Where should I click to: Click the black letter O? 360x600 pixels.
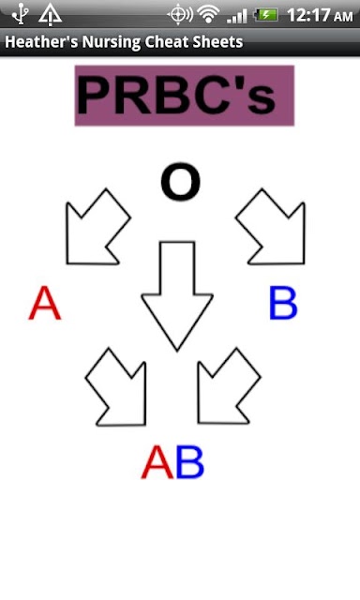click(180, 182)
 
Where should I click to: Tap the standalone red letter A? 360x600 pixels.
click(45, 303)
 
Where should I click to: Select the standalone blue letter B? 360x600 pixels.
click(283, 303)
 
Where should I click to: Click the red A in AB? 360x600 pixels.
click(157, 461)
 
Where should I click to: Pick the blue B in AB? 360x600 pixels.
click(189, 462)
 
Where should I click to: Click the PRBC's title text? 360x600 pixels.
click(176, 95)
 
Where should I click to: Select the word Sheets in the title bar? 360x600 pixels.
click(217, 41)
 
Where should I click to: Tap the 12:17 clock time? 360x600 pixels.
click(308, 15)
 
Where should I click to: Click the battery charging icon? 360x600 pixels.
click(266, 15)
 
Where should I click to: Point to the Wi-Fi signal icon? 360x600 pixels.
click(208, 15)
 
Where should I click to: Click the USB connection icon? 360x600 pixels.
click(20, 15)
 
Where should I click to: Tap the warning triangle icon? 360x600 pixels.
click(50, 15)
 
